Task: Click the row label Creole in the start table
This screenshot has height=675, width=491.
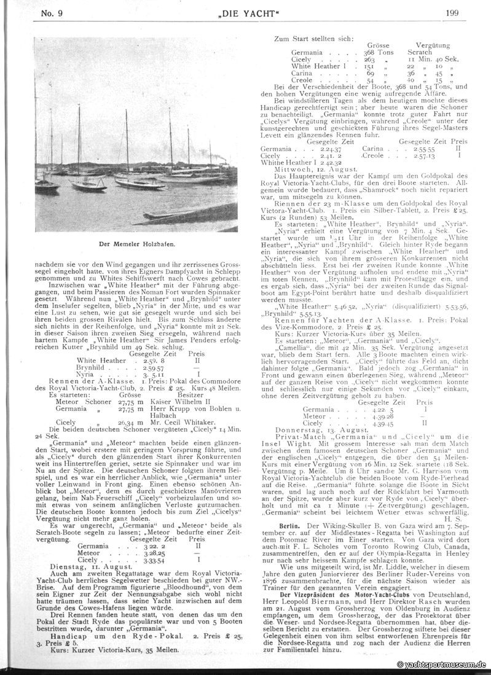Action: point(302,80)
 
